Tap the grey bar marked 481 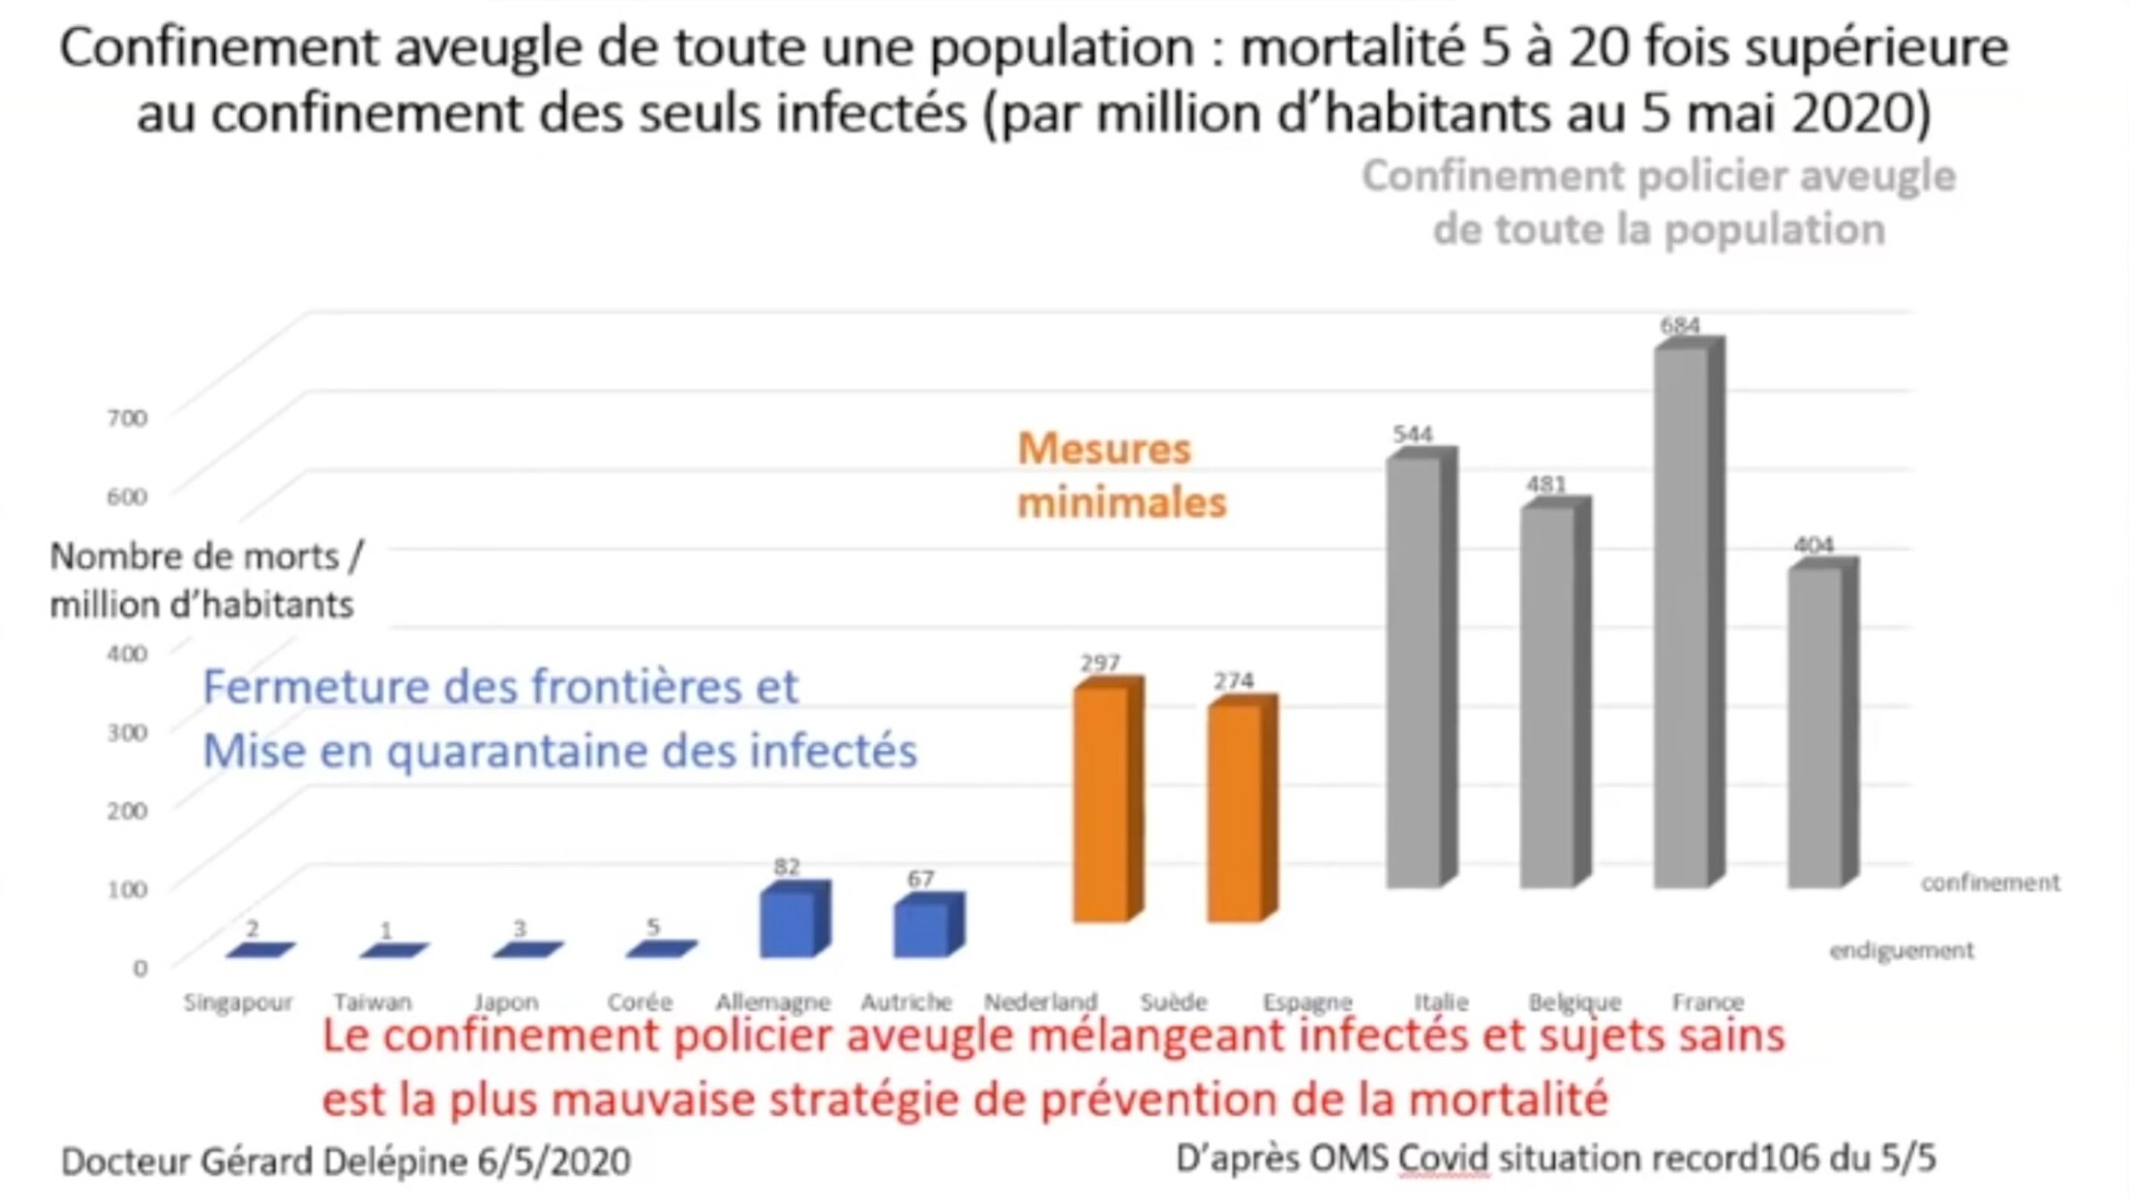tap(1548, 696)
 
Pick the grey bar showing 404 tap(1815, 726)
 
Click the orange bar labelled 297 tap(1101, 802)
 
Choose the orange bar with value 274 tap(1235, 812)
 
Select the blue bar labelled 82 tap(788, 923)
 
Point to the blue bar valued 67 tap(921, 929)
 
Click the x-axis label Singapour tap(238, 1003)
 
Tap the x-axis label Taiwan tap(373, 1003)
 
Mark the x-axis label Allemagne tap(773, 1003)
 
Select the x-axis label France tap(1708, 1003)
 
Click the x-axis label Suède tap(1174, 1003)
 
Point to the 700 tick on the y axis tap(127, 418)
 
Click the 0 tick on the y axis tap(140, 968)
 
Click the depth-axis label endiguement tap(1901, 951)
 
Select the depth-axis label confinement tap(1990, 883)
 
